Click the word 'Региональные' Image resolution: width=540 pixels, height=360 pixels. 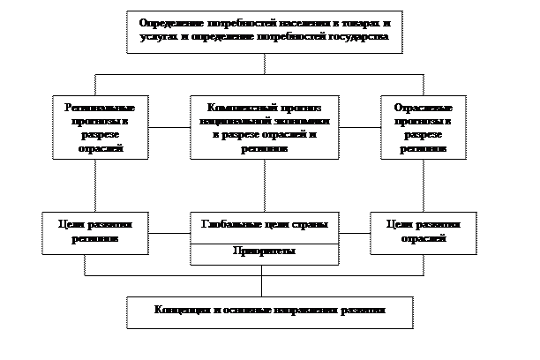pos(99,106)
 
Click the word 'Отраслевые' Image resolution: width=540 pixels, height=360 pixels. pos(417,106)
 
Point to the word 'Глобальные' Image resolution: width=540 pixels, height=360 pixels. pos(236,225)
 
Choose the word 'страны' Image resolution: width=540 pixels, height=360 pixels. pos(311,225)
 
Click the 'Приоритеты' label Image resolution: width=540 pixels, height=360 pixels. pos(265,251)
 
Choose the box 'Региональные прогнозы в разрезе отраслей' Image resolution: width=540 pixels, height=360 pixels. pos(99,127)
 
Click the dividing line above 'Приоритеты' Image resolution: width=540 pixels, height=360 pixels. pos(265,243)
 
